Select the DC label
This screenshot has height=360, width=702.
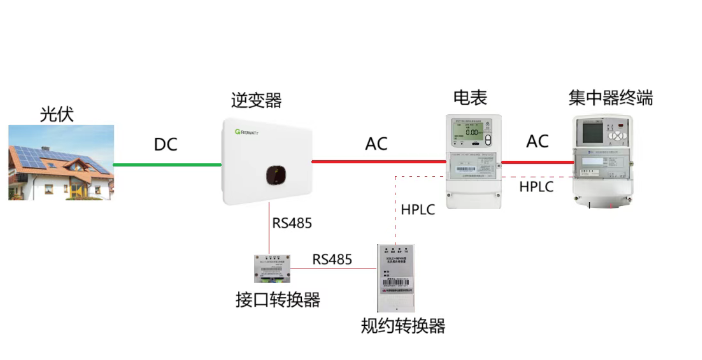pyautogui.click(x=166, y=145)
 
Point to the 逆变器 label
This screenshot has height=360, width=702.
pyautogui.click(x=257, y=100)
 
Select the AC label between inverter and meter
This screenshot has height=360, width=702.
pyautogui.click(x=376, y=144)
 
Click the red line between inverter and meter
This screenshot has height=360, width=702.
pyautogui.click(x=376, y=160)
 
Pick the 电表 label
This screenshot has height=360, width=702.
pyautogui.click(x=470, y=98)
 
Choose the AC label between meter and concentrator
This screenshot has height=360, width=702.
pyautogui.click(x=538, y=142)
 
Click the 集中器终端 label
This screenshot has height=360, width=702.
pyautogui.click(x=612, y=98)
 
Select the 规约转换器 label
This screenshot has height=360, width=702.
pyautogui.click(x=403, y=326)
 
